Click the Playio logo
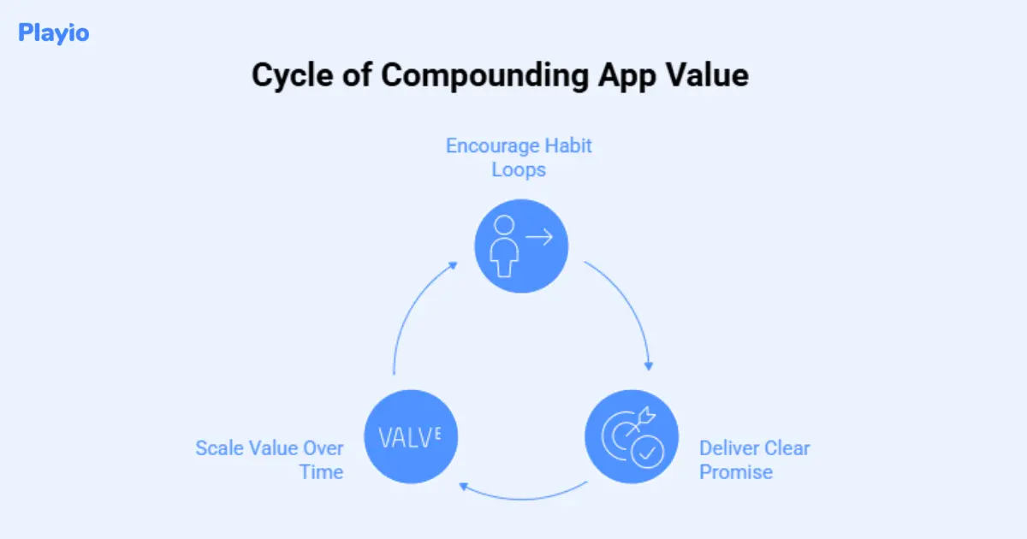click(53, 33)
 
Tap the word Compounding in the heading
click(484, 75)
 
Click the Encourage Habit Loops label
click(519, 157)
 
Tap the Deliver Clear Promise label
click(754, 459)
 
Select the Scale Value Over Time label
click(270, 459)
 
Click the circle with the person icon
click(521, 246)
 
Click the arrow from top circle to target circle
click(629, 308)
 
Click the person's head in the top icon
click(505, 227)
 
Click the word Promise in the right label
click(736, 471)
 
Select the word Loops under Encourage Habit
click(519, 169)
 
